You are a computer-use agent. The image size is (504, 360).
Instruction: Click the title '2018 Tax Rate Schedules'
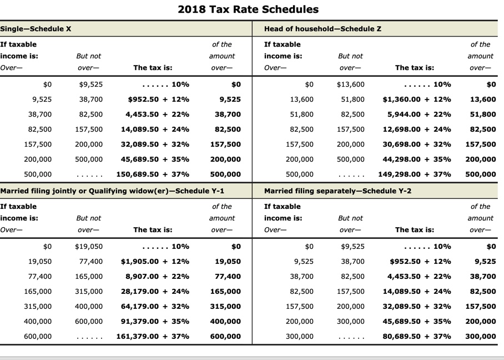tap(248, 9)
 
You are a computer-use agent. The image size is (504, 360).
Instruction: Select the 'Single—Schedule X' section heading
tap(36, 28)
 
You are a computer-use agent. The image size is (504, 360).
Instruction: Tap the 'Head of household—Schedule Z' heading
tap(322, 28)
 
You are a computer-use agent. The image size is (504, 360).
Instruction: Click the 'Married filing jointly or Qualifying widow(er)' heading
tap(112, 191)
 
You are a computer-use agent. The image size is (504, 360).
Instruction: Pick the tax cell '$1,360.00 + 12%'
tap(417, 99)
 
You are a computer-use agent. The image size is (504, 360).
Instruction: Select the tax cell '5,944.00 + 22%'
tap(419, 114)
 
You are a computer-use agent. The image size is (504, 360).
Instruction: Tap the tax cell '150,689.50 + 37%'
tap(153, 174)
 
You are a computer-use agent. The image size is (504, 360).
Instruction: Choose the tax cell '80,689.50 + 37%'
tap(417, 336)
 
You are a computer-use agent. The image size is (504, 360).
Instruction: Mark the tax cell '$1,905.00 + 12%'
tap(155, 261)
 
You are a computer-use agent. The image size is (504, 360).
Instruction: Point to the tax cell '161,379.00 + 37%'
tap(153, 336)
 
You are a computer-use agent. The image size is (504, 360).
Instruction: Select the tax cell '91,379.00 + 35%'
tap(155, 321)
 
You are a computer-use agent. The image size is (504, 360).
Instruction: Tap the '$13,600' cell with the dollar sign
tap(351, 84)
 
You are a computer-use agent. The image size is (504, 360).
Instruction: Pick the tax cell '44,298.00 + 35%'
tap(417, 159)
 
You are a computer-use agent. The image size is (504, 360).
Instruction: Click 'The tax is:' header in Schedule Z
tap(415, 68)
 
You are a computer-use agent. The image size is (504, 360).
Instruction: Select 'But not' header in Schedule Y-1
tap(89, 218)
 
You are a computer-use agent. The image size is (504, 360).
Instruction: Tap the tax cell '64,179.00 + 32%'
tap(155, 306)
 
